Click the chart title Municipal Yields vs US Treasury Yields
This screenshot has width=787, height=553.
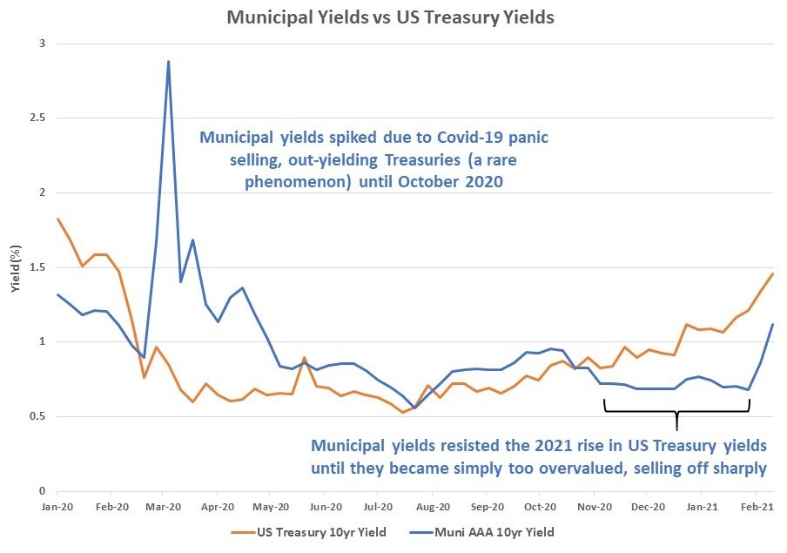point(391,17)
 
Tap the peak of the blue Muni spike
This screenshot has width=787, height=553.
point(168,61)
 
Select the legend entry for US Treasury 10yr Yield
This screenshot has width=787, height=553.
point(309,532)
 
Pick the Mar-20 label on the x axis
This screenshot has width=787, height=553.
point(164,507)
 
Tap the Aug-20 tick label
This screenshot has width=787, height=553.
point(433,507)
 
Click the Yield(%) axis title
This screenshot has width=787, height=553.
point(16,268)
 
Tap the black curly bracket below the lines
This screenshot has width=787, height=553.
point(676,411)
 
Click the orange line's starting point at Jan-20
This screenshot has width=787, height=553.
point(57,219)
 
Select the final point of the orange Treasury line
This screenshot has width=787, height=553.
point(773,273)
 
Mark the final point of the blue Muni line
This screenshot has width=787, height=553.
point(773,325)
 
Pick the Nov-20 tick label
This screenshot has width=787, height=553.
point(595,507)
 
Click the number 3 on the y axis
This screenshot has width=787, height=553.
point(42,44)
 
